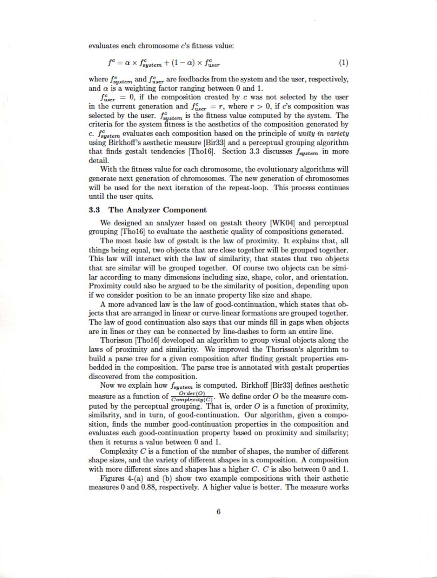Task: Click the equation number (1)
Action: coord(343,63)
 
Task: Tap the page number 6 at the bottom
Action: coord(218,512)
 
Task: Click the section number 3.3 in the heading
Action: coord(94,210)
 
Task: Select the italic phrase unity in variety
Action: coord(323,133)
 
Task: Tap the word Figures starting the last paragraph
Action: coord(112,478)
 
